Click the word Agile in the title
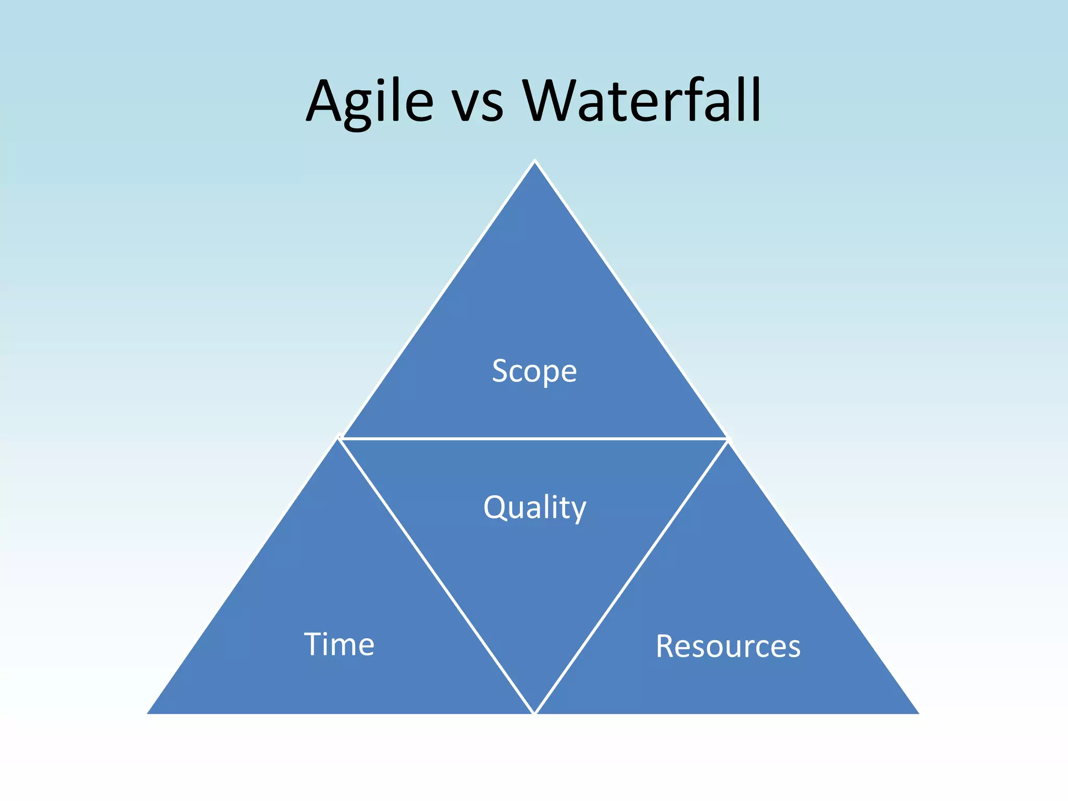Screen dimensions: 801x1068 point(369,102)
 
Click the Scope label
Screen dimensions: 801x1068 point(534,371)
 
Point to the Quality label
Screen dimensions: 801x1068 point(535,507)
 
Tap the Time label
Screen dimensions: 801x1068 point(339,644)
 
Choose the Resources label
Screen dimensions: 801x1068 point(728,646)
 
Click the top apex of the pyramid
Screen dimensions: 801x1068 point(535,162)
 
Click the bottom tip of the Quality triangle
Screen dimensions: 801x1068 point(535,711)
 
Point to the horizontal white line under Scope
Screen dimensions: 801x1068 point(534,439)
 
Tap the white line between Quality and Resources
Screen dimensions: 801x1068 point(632,576)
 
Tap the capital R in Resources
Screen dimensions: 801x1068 point(666,646)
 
